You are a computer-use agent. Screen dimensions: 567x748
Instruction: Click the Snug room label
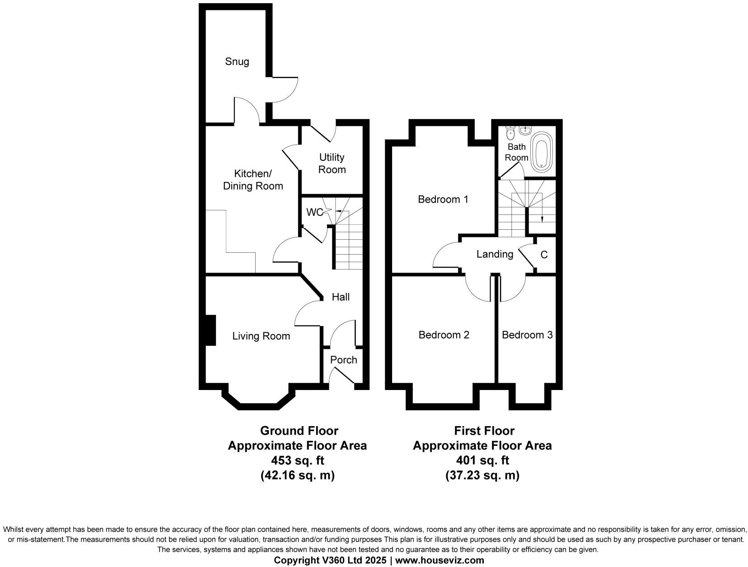click(237, 61)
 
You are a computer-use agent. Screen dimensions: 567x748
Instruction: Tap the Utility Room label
click(332, 163)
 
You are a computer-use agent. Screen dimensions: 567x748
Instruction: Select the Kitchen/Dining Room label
click(253, 180)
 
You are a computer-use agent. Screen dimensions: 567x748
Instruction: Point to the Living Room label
click(261, 336)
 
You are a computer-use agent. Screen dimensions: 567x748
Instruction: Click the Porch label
click(344, 360)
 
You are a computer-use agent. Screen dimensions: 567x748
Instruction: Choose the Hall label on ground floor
click(341, 297)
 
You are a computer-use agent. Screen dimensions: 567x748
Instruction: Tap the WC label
click(314, 212)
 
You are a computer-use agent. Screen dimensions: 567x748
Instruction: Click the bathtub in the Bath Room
click(540, 152)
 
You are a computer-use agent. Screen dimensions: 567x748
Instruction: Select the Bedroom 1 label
click(443, 199)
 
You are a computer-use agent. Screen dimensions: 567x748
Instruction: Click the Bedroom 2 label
click(444, 335)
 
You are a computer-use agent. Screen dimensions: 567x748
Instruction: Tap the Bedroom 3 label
click(527, 335)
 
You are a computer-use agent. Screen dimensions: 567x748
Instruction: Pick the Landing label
click(495, 254)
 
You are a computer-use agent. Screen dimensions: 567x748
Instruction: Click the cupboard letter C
click(544, 255)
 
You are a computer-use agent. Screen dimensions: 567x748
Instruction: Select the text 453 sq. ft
click(297, 460)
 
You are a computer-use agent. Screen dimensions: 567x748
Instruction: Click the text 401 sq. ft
click(482, 460)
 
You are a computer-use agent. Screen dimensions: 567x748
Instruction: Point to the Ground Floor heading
click(299, 431)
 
